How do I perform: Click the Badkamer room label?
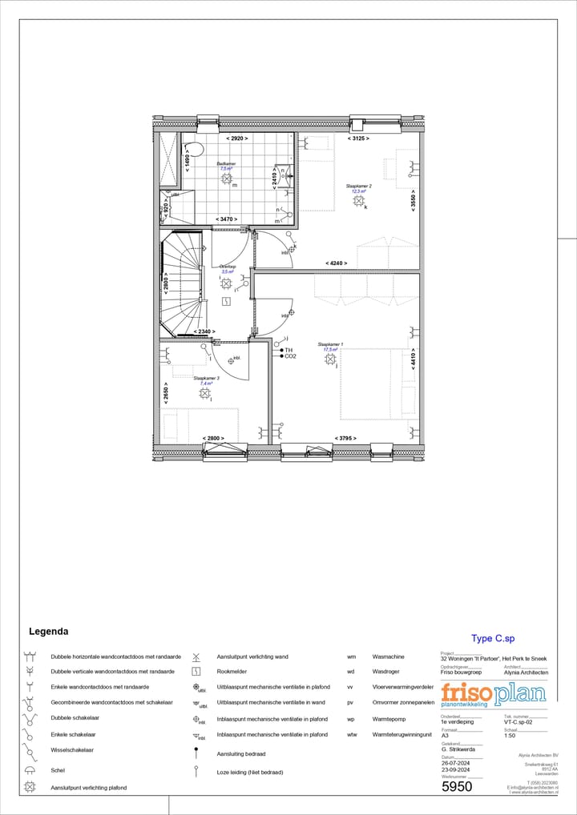coord(226,163)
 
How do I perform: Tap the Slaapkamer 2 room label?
coord(358,186)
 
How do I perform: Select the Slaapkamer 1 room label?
coord(330,344)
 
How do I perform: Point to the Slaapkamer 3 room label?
coord(206,378)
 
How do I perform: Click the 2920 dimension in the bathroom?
coord(236,139)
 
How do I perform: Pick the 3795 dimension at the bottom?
coord(345,438)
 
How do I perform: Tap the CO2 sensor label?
coord(290,356)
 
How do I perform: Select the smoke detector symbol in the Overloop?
coord(227,301)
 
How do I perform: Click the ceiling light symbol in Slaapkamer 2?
coord(358,201)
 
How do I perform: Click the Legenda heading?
coord(48,632)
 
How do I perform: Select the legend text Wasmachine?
coord(388,656)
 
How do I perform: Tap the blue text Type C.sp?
coord(493,638)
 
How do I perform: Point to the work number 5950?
coord(458,786)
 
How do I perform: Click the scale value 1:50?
coord(510,735)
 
